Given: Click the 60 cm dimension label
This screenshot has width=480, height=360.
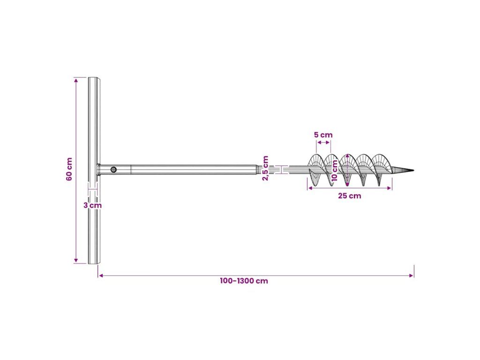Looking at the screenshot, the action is click(69, 169).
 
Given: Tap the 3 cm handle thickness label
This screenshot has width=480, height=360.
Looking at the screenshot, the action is click(92, 205).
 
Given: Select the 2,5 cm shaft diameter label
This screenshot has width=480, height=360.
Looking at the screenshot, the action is click(265, 168).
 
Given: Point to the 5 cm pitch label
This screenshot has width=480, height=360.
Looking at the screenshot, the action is click(323, 135).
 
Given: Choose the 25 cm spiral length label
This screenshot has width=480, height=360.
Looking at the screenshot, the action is click(349, 195).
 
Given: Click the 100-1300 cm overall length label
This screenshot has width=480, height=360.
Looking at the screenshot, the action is click(244, 281).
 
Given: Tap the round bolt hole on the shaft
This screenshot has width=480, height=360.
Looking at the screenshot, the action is click(113, 169).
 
